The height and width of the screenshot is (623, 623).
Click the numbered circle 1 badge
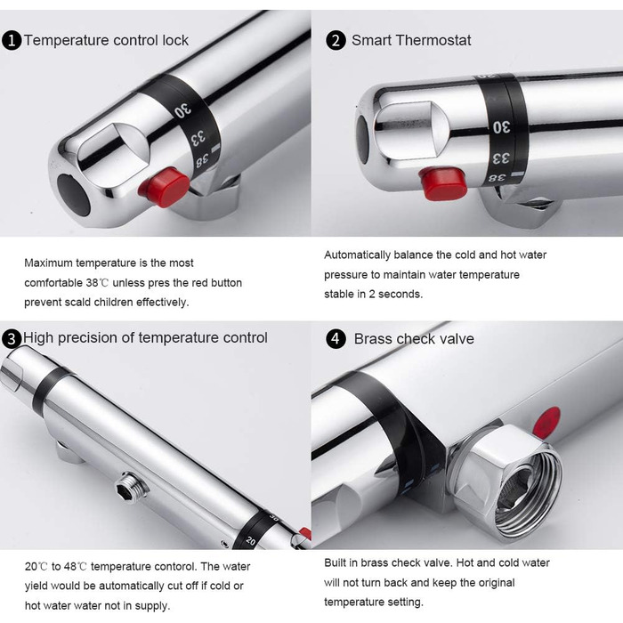click(12, 41)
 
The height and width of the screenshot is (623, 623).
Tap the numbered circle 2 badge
click(336, 41)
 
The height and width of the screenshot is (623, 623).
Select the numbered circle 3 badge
click(12, 339)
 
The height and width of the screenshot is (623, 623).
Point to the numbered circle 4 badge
click(336, 339)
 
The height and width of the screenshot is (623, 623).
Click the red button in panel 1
click(165, 187)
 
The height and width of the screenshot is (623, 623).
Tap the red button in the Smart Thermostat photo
click(442, 182)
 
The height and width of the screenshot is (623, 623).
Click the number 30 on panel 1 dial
click(182, 110)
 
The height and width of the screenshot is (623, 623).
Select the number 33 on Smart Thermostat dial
click(500, 158)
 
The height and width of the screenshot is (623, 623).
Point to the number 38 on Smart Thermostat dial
click(497, 178)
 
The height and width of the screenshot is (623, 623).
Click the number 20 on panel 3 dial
click(251, 540)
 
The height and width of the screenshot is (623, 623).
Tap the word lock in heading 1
click(175, 41)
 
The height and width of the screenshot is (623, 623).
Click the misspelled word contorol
click(174, 566)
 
